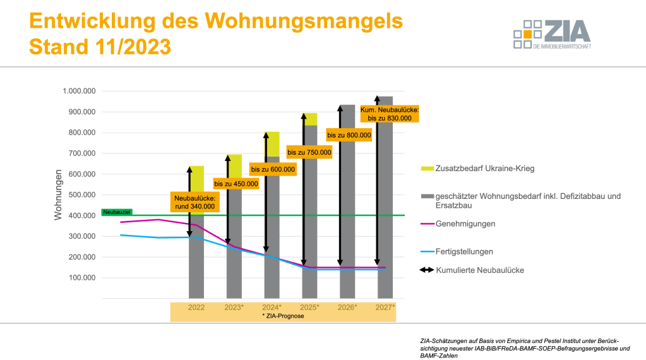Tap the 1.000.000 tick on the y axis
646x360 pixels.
[x=79, y=91]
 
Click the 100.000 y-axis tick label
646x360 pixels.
[x=81, y=278]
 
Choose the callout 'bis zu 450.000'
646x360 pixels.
[x=236, y=184]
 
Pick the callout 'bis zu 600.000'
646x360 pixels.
[x=273, y=169]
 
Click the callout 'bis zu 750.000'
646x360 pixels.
[x=309, y=152]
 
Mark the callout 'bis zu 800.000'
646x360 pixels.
[x=349, y=135]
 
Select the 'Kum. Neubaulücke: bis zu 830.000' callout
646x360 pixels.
[x=390, y=114]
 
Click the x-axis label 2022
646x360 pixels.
[x=196, y=308]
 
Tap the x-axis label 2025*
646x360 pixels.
[x=309, y=308]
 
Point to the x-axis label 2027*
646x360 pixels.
[x=385, y=308]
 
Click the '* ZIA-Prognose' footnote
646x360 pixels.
[x=283, y=316]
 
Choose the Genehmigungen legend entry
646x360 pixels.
[x=466, y=224]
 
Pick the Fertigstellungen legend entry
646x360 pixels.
[x=465, y=251]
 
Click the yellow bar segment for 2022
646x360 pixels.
[x=196, y=177]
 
